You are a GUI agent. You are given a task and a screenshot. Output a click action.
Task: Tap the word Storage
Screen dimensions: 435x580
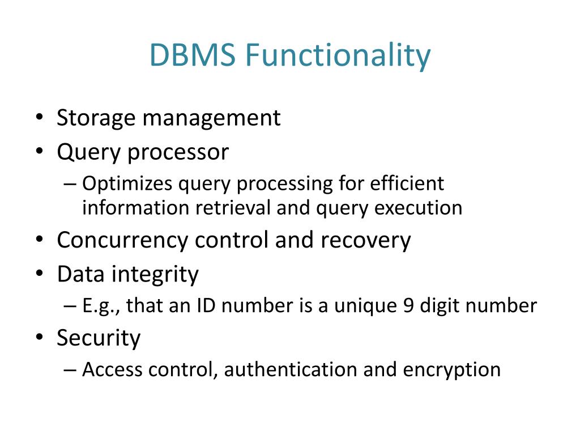coord(96,118)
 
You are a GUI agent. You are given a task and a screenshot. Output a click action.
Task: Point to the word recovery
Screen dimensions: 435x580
coord(365,241)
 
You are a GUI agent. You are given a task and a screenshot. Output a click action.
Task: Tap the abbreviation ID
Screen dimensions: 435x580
coord(204,306)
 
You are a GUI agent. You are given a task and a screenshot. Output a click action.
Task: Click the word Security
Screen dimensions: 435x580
coord(99,338)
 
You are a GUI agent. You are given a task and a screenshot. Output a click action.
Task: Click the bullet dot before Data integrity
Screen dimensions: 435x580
coord(38,275)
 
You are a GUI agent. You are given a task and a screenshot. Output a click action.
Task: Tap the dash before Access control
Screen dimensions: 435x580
coord(70,370)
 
